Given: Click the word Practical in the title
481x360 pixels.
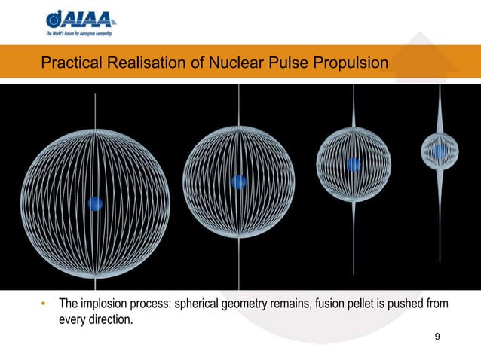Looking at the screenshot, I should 67,65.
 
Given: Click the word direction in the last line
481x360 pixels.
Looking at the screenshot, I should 112,319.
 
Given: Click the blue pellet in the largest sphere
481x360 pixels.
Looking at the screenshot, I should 95,203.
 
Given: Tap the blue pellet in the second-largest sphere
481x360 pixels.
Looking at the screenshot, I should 238,182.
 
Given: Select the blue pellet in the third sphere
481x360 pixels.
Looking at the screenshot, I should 353,164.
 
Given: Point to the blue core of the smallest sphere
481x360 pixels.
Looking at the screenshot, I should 440,151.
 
